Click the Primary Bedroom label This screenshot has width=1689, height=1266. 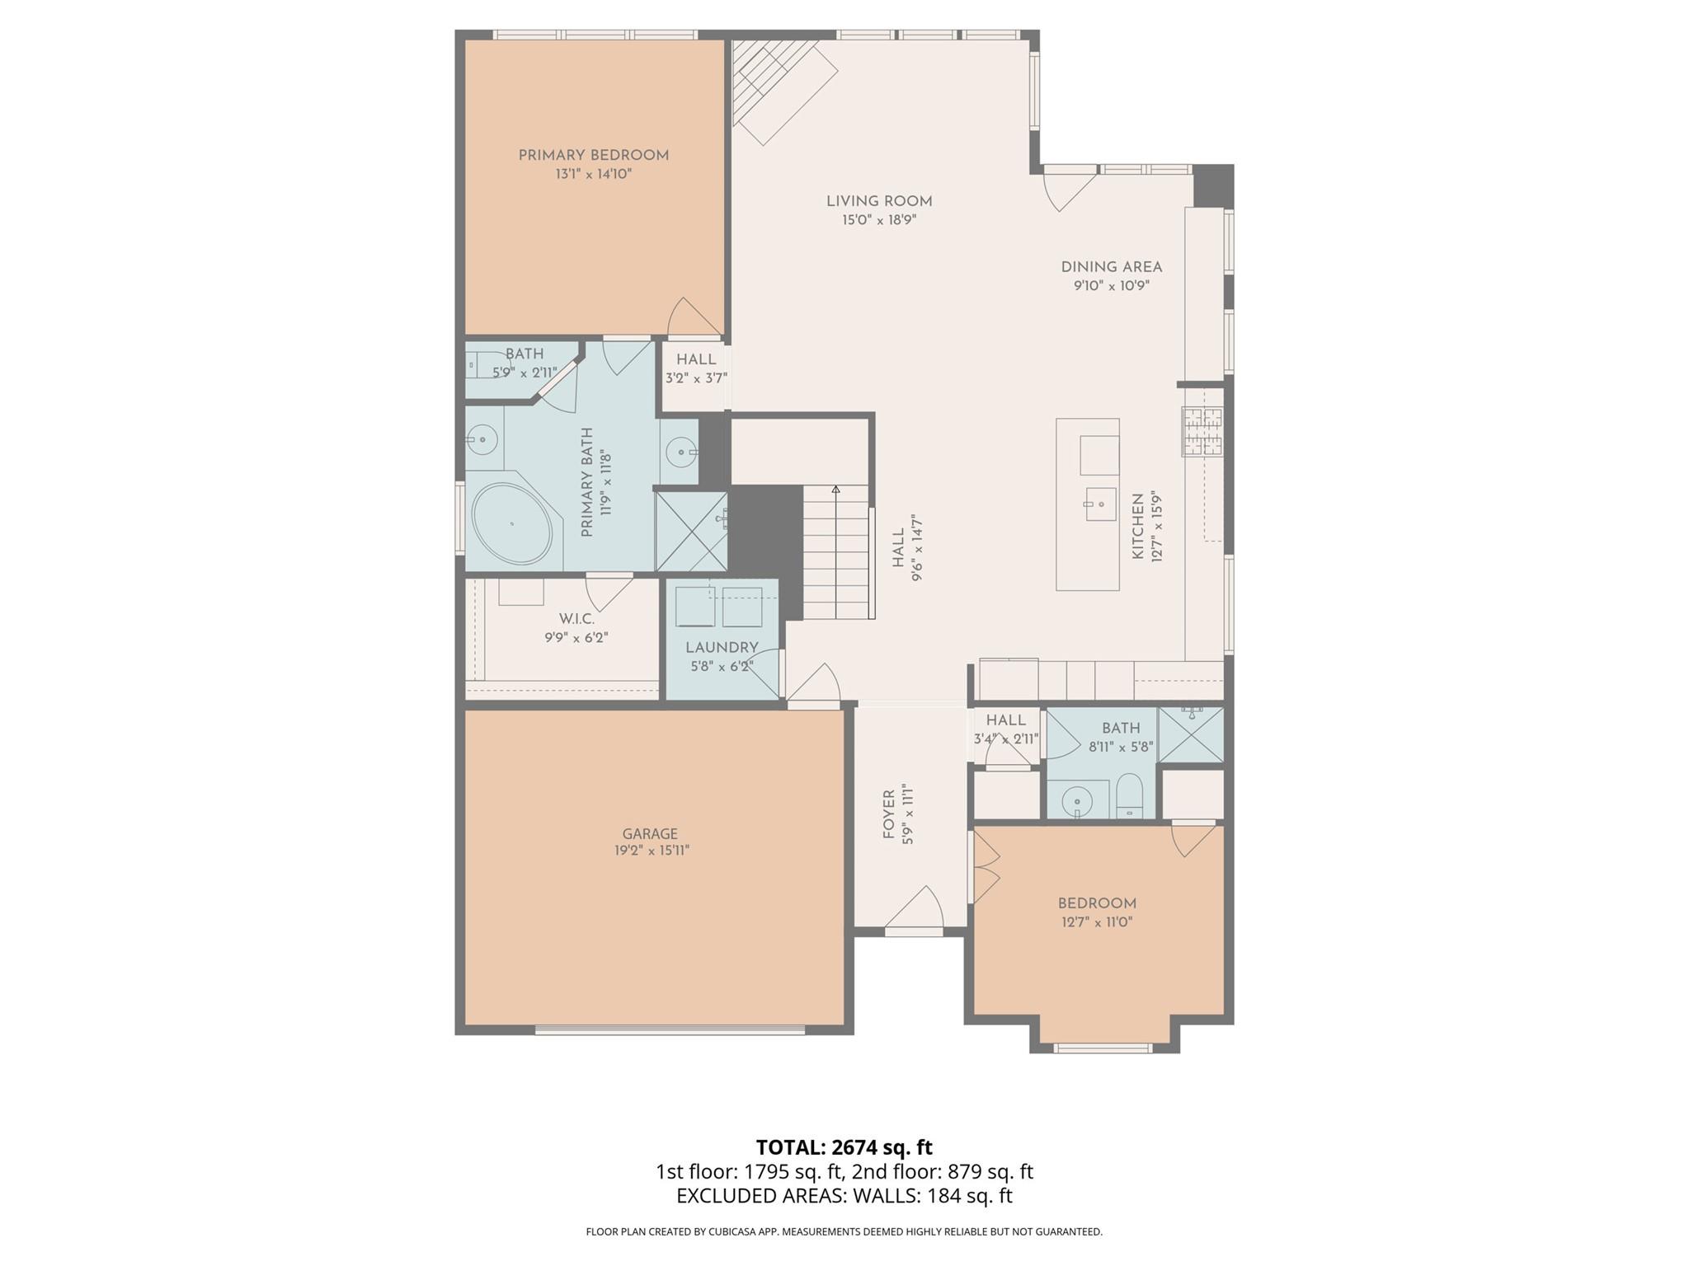point(593,155)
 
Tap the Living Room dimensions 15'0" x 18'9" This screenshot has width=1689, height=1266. point(879,220)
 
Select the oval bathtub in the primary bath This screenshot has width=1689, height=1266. point(512,523)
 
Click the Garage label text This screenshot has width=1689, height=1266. point(650,833)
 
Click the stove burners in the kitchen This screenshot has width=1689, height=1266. point(1202,432)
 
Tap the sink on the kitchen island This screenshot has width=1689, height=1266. point(1100,504)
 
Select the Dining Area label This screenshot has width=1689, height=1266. point(1111,267)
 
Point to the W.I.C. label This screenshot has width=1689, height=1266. point(576,618)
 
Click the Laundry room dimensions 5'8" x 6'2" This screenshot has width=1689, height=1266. point(722,666)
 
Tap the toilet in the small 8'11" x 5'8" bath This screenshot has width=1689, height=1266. point(1129,795)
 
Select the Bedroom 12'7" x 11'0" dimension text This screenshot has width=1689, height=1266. point(1097,922)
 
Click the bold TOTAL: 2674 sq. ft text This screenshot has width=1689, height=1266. point(844,1147)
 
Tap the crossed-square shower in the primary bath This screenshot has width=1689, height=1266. point(691,532)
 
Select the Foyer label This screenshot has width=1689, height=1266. point(888,814)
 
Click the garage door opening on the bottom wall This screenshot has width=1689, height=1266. point(669,1029)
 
